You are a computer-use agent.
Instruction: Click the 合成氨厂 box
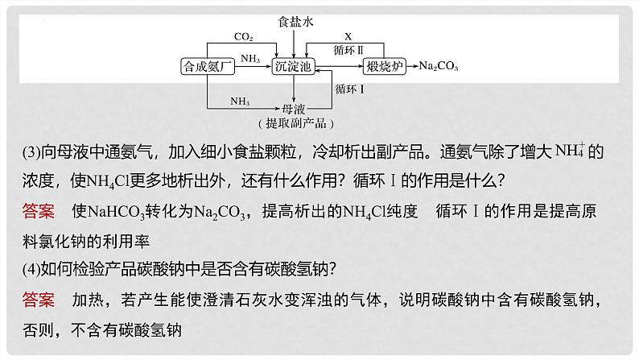[x=208, y=66]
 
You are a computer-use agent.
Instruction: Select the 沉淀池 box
[x=293, y=66]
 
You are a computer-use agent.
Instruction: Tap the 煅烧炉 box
[x=385, y=66]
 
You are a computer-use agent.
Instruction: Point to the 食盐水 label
[x=295, y=22]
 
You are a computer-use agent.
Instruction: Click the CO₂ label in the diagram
[x=243, y=37]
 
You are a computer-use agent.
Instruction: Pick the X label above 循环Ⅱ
[x=348, y=36]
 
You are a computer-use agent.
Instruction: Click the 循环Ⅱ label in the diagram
[x=348, y=50]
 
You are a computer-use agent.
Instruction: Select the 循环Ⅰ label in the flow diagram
[x=349, y=89]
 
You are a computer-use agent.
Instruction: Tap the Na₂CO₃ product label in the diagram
[x=439, y=66]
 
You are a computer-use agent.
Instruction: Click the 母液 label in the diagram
[x=294, y=109]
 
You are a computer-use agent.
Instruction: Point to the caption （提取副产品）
[x=296, y=123]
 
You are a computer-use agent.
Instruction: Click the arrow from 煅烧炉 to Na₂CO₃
[x=412, y=66]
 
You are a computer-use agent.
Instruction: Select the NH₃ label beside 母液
[x=240, y=101]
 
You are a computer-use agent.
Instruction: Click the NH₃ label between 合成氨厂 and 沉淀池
[x=250, y=59]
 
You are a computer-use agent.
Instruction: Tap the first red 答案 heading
[x=39, y=211]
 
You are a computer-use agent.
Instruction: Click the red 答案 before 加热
[x=39, y=300]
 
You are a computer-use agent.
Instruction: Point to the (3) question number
[x=31, y=152]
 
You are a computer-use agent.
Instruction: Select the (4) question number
[x=31, y=269]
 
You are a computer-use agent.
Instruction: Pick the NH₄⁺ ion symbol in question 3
[x=570, y=151]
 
